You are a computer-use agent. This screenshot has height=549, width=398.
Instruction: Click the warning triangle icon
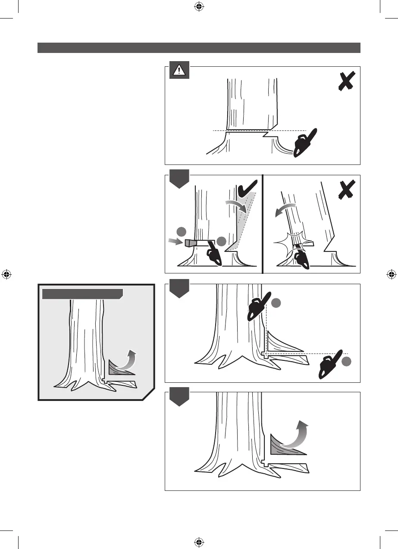click(179, 71)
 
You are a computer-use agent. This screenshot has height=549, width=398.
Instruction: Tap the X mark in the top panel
click(346, 81)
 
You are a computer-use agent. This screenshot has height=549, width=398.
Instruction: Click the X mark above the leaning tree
click(346, 189)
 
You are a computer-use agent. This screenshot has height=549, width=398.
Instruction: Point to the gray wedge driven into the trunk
click(190, 243)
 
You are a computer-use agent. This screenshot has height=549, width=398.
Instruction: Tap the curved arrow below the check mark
click(237, 206)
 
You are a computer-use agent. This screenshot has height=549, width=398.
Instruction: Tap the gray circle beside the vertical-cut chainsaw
click(276, 303)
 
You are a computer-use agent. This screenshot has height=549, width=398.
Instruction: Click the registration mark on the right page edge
click(391, 274)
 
